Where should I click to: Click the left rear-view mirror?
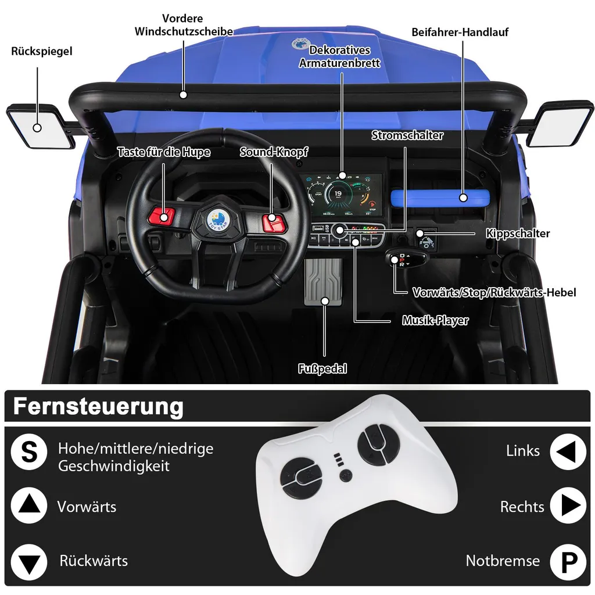coord(41,127)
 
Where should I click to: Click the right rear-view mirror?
coord(560,123)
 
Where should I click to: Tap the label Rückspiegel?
coord(42,51)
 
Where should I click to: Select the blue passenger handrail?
coord(440,198)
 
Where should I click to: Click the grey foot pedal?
coord(323,282)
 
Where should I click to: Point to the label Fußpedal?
coord(322,368)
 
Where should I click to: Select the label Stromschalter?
coord(407,135)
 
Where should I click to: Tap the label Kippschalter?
coord(518,234)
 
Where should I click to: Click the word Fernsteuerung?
coord(98,407)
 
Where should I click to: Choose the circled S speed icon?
coord(29,452)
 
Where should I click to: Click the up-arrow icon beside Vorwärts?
coord(29,506)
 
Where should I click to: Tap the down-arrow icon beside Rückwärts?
coord(29,562)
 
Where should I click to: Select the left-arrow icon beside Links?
coord(568,452)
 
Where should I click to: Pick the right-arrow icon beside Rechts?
coord(568,506)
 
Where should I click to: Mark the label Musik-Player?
coord(435,320)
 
